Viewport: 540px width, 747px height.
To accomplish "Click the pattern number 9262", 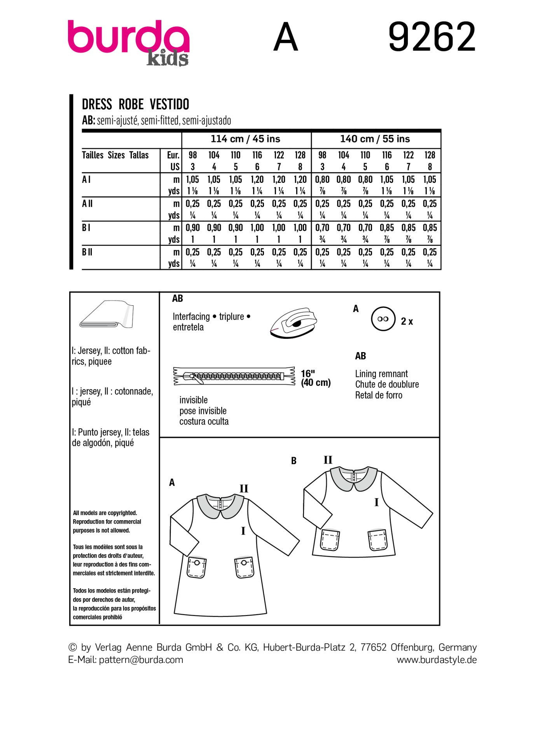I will [x=432, y=37].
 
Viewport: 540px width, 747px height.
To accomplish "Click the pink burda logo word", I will [x=128, y=38].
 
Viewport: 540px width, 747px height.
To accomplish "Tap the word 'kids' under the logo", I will [x=168, y=59].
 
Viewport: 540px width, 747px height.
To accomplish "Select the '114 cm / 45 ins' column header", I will [x=245, y=139].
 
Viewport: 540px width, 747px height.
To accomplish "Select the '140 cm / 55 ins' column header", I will [x=375, y=139].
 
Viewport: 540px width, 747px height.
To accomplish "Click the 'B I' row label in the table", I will [x=86, y=228].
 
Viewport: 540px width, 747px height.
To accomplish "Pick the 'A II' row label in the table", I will [x=87, y=203].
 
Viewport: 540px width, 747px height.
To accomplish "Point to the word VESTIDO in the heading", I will [x=170, y=105].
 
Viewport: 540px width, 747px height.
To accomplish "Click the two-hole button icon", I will [x=383, y=319].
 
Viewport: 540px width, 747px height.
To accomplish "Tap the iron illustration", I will [x=294, y=323].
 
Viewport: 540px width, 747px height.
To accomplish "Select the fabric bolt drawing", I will [x=107, y=314].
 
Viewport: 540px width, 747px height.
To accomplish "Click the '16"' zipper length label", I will [x=308, y=373].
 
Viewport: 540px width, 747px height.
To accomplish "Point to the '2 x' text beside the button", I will [x=407, y=321].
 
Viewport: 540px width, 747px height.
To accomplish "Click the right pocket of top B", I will [x=377, y=540].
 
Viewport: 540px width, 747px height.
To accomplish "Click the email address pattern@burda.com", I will [x=141, y=660].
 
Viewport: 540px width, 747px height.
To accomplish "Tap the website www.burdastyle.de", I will [x=436, y=660].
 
